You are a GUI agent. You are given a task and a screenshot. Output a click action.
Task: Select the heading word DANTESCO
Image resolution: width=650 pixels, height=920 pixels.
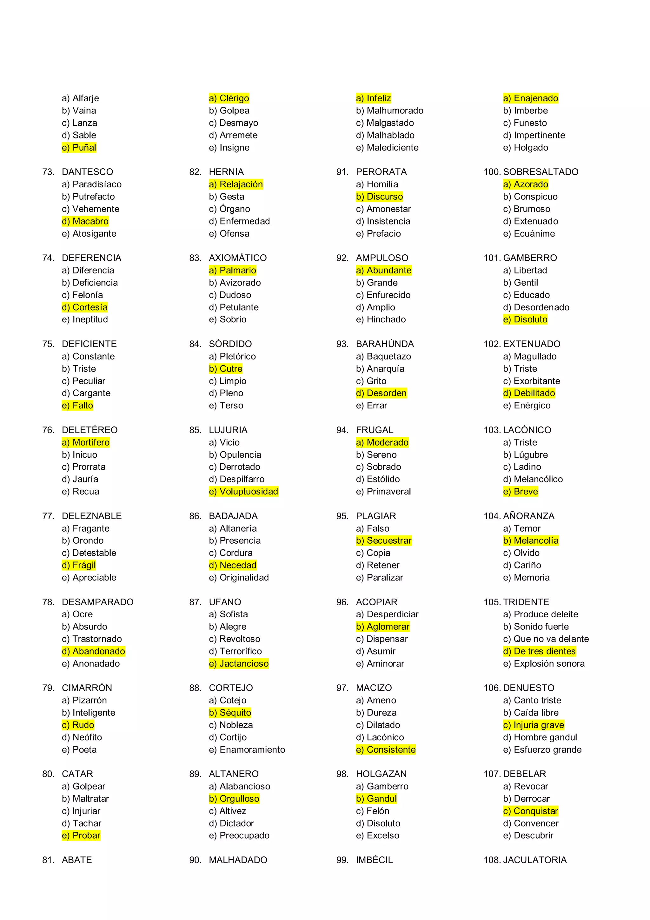point(87,172)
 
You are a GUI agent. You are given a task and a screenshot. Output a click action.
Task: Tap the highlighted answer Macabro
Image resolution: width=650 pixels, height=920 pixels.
point(85,221)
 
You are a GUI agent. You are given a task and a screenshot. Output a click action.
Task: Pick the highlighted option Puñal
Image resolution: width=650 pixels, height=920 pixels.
point(79,147)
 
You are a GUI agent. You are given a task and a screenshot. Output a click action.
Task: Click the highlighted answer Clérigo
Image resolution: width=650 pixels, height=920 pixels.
point(229,98)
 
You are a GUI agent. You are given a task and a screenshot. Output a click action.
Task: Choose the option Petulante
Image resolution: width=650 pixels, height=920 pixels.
point(234,307)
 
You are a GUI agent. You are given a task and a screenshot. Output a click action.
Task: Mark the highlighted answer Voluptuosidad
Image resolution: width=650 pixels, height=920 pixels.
point(243,491)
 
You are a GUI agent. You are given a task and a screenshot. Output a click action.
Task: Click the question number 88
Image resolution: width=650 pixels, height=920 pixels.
point(195,688)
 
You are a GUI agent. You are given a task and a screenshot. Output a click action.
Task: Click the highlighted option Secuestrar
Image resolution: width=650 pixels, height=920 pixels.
point(383,541)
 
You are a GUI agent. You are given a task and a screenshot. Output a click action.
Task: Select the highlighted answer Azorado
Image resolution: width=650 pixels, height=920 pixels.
point(526,184)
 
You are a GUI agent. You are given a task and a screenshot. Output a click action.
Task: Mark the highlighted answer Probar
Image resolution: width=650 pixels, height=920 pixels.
point(81,836)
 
